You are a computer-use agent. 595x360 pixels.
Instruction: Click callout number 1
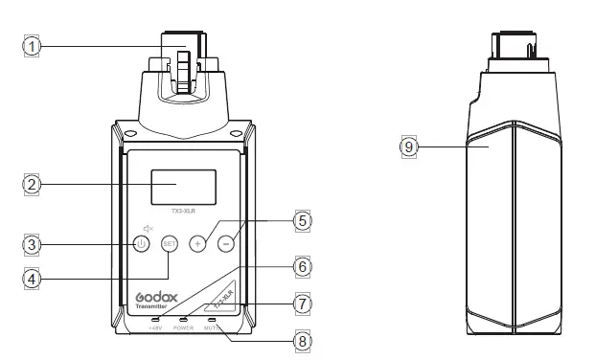[x=33, y=45]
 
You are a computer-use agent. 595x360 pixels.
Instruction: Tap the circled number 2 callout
[x=33, y=183]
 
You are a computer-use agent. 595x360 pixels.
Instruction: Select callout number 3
[x=33, y=243]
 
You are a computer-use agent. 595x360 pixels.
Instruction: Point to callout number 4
[x=33, y=279]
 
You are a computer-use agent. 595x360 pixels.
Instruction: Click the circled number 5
[x=303, y=220]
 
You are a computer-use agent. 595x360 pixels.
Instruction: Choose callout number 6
[x=303, y=265]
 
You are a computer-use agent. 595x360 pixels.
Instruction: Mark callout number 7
[x=303, y=303]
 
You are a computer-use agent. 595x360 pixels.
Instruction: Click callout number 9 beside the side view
[x=409, y=147]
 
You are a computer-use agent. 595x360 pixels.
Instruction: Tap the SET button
[x=170, y=243]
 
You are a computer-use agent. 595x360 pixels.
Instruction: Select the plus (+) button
[x=198, y=243]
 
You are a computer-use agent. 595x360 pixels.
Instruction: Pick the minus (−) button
[x=225, y=243]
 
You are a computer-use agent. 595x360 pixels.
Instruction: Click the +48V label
[x=155, y=327]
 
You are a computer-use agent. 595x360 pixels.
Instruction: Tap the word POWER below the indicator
[x=184, y=327]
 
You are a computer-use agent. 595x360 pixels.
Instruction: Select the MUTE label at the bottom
[x=212, y=327]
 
